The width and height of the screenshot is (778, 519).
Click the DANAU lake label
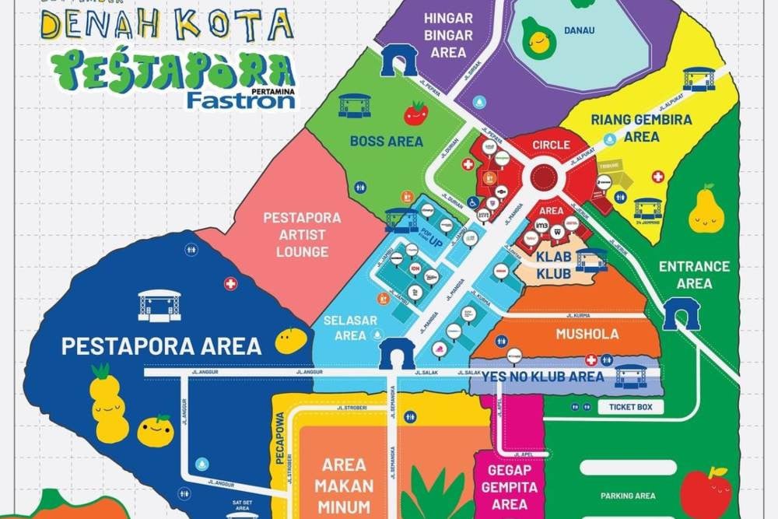(579, 32)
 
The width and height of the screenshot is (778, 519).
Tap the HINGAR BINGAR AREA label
(448, 35)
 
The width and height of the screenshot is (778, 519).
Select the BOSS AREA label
(387, 141)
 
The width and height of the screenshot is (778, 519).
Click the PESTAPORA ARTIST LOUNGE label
(302, 234)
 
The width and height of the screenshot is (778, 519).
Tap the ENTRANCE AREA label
(694, 275)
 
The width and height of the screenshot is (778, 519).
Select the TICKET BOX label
(630, 407)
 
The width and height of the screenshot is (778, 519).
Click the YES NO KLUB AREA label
(543, 377)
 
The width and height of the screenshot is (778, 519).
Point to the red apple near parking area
(706, 493)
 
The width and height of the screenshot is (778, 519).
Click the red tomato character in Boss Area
(415, 114)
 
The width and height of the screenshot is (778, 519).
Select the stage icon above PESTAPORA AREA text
(159, 305)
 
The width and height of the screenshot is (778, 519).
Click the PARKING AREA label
(628, 496)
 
